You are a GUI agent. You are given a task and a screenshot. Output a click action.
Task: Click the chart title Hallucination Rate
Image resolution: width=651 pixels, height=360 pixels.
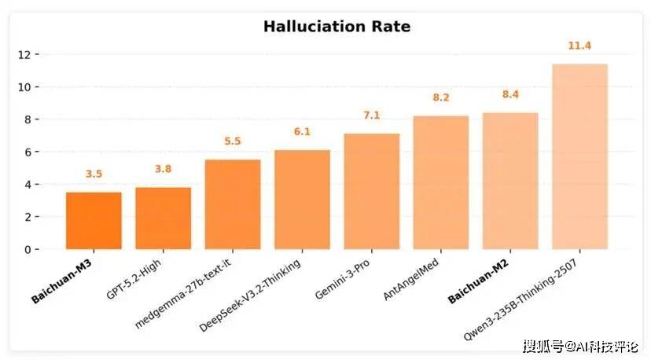point(337,27)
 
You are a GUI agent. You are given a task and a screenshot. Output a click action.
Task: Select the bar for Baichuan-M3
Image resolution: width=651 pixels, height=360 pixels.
point(94,221)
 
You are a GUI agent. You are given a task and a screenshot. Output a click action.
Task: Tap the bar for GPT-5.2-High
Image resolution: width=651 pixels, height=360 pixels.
point(163,219)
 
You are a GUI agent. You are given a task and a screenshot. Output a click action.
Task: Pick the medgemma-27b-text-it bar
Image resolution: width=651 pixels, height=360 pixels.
point(233,204)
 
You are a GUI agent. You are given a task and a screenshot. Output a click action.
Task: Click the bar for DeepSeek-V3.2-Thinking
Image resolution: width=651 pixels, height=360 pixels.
point(302,200)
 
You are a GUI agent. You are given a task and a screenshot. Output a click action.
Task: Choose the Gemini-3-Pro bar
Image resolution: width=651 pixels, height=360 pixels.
point(372,192)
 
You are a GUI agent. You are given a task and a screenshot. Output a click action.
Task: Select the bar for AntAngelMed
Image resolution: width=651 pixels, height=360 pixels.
point(441,182)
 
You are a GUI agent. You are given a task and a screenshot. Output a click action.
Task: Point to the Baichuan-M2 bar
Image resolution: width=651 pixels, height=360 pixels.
point(510,181)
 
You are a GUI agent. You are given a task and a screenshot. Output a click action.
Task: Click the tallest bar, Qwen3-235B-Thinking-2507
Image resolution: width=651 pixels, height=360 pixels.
point(579,156)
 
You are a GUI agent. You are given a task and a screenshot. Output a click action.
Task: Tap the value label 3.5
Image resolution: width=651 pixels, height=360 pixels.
point(94,174)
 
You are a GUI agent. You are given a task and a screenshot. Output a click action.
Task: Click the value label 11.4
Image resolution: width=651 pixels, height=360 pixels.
point(579,46)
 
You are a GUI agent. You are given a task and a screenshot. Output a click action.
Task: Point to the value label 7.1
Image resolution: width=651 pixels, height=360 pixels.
point(372,116)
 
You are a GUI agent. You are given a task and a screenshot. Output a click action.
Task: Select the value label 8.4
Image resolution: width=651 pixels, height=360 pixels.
point(510,95)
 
